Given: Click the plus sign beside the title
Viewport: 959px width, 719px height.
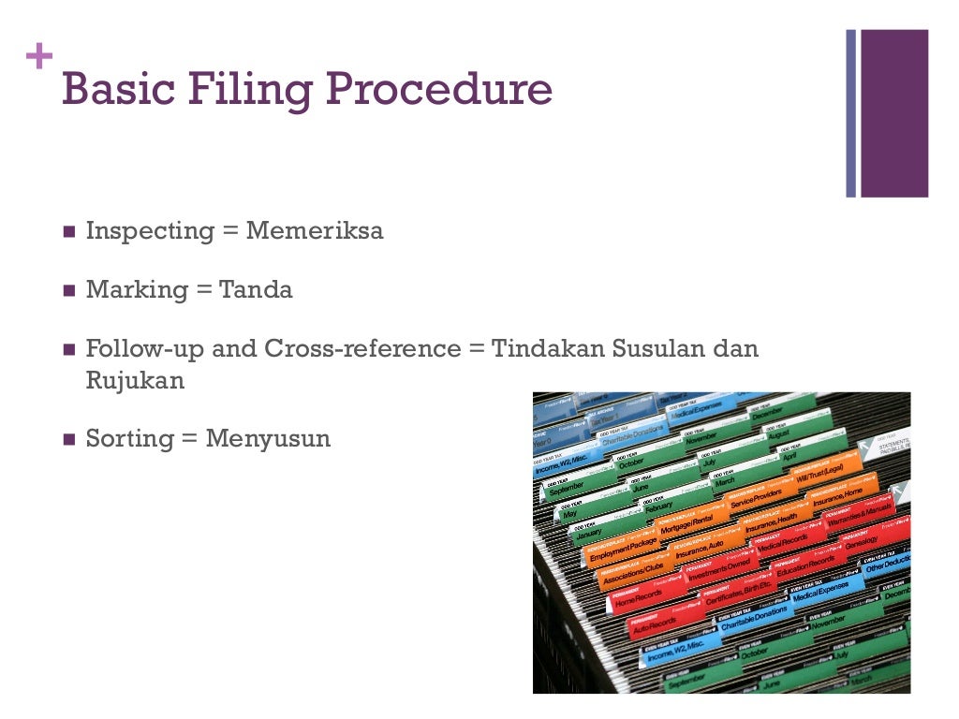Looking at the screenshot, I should pos(38,57).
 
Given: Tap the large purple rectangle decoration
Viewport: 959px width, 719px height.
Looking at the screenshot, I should pos(894,113).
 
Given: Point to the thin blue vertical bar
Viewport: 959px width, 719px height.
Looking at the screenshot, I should pos(851,113).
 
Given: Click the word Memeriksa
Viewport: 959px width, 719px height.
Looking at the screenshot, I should pos(315,231).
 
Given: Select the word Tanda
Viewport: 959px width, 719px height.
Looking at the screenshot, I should pos(256,290).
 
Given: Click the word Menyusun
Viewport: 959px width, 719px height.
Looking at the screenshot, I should pos(268,438).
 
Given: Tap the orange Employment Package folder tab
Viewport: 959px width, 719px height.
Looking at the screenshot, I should pos(622,548).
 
